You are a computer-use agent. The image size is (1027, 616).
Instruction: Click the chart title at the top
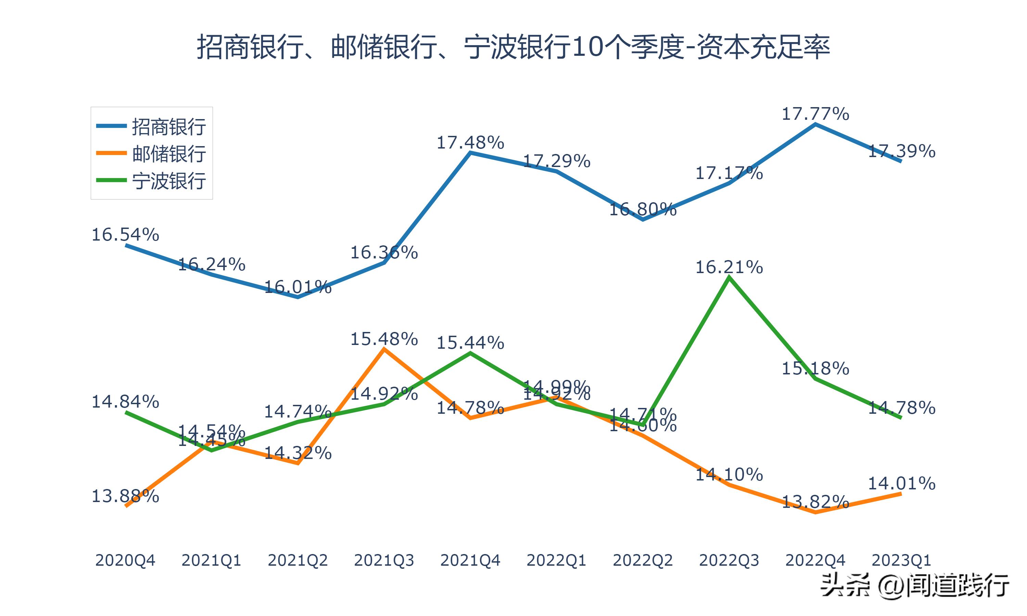[513, 47]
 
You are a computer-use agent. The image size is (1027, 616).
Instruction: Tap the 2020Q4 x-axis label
[125, 560]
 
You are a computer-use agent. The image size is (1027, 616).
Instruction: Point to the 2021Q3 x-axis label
[384, 560]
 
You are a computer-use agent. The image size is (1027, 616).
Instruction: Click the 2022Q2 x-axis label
[643, 560]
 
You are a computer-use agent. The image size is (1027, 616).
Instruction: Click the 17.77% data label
[815, 114]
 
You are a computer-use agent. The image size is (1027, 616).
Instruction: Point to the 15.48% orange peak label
[384, 339]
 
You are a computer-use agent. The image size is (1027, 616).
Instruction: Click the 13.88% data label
[125, 496]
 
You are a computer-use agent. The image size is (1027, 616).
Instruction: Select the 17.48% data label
[470, 143]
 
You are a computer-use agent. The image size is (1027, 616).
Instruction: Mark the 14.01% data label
[901, 483]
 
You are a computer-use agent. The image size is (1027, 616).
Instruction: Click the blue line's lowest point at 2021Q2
[297, 297]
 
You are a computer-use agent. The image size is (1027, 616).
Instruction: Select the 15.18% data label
[815, 369]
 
